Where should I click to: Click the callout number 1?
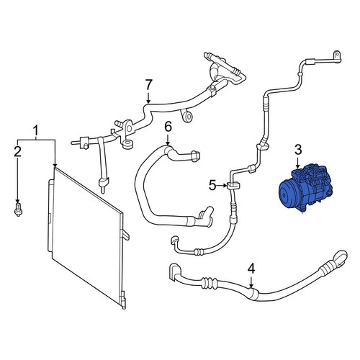click(x=35, y=131)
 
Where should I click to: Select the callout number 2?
click(x=17, y=151)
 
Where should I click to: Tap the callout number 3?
click(x=298, y=150)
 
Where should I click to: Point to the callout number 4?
click(x=251, y=269)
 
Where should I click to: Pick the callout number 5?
click(x=212, y=185)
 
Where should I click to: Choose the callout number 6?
click(x=168, y=127)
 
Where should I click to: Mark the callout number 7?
click(x=149, y=85)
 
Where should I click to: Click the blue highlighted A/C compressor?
click(x=305, y=187)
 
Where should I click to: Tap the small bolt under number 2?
click(x=18, y=210)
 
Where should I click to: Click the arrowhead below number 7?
click(x=148, y=102)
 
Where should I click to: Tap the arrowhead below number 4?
click(x=251, y=286)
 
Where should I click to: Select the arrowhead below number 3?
click(x=298, y=166)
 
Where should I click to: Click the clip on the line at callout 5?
click(x=233, y=186)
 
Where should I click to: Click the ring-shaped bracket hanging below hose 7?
click(x=187, y=117)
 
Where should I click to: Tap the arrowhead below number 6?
click(x=168, y=143)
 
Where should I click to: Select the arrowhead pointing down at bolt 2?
click(x=17, y=201)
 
